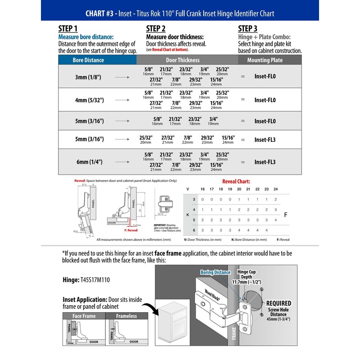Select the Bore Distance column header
[x=88, y=60]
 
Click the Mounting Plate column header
[x=265, y=60]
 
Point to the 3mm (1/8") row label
[x=88, y=77]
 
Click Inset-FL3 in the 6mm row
[x=265, y=162]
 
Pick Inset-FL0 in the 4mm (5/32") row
[x=265, y=100]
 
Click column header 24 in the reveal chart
[x=275, y=189]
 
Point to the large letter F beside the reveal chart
[x=285, y=215]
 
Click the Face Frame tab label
[x=84, y=316]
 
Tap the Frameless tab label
[x=126, y=316]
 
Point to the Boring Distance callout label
[x=216, y=272]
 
